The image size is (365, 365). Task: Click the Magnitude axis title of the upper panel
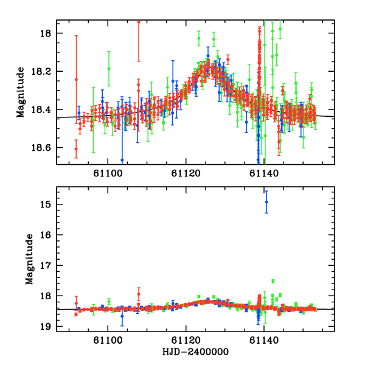(x=21, y=92)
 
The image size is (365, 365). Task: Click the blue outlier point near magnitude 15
(x=266, y=202)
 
